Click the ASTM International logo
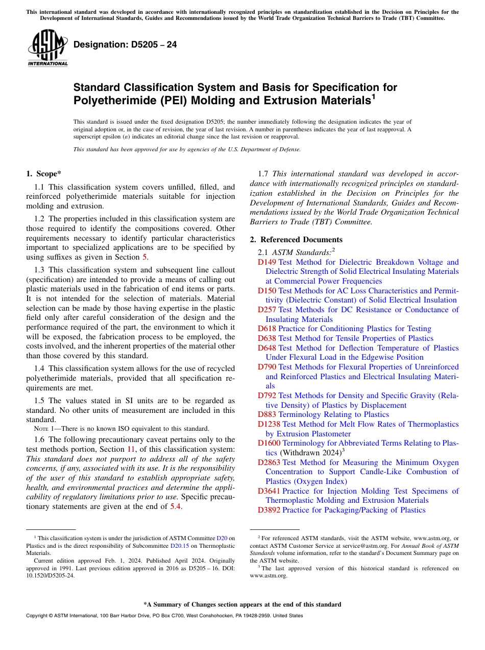[x=47, y=48]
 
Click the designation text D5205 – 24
[x=125, y=44]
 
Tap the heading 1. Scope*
[x=44, y=174]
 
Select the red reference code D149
[x=266, y=262]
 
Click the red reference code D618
[x=266, y=329]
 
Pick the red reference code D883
[x=266, y=414]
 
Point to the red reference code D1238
[x=269, y=424]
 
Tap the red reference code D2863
[x=269, y=462]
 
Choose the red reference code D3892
[x=269, y=510]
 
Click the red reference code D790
[x=266, y=367]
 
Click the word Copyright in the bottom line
[x=37, y=616]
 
